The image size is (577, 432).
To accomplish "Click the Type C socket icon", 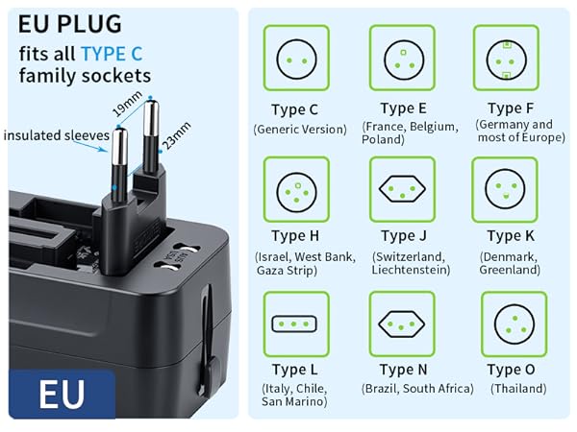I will tap(296, 58).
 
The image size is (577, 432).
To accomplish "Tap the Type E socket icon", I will tap(403, 58).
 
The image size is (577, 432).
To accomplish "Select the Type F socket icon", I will tap(506, 58).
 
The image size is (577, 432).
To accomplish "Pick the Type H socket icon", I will tap(296, 189).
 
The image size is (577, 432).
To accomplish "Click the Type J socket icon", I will tap(403, 189).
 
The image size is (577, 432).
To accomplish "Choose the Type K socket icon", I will tap(506, 189).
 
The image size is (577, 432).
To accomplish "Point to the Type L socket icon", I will tap(296, 324).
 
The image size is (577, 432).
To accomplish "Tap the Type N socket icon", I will tap(403, 324).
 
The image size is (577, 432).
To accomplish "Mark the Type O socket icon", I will tap(514, 324).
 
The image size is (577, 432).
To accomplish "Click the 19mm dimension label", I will tap(124, 102).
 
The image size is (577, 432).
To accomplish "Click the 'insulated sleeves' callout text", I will tap(55, 136).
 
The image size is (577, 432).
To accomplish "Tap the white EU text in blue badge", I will tap(62, 394).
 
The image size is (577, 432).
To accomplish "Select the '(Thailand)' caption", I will tap(518, 389).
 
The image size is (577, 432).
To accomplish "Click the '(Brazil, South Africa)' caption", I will tap(417, 389).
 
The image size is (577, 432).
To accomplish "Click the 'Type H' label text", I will tap(294, 236).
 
